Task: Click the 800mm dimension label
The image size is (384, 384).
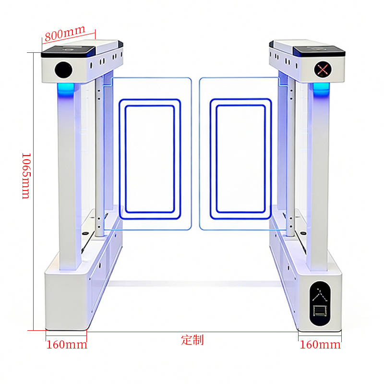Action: [x=65, y=34]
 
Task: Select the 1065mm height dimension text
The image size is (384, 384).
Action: [x=26, y=175]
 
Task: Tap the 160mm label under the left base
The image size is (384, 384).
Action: [x=67, y=345]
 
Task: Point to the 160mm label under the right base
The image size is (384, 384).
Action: [x=320, y=345]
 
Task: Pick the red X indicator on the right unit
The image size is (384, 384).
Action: [x=322, y=69]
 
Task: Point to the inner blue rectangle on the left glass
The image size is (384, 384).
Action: [x=150, y=159]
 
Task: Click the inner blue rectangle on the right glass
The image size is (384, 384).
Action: [x=240, y=159]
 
